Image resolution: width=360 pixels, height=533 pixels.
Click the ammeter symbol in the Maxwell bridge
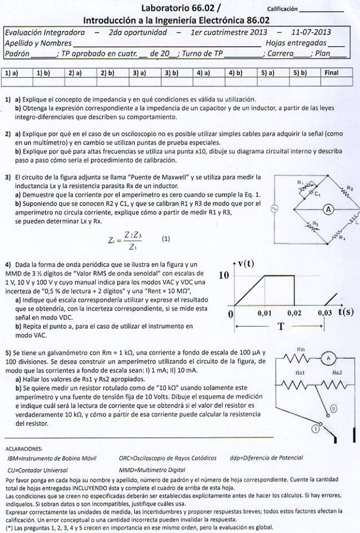click(x=328, y=209)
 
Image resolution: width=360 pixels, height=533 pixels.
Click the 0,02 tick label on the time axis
click(x=295, y=313)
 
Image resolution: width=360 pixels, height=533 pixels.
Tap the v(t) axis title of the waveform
click(x=246, y=264)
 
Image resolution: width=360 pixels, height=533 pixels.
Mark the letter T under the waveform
click(x=281, y=327)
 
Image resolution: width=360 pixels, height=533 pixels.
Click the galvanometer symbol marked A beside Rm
click(x=328, y=358)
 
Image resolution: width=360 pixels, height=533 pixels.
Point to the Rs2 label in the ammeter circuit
click(x=337, y=373)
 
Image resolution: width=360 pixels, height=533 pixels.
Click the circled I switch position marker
click(x=300, y=428)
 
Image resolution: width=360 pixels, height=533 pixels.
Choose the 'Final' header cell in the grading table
click(x=331, y=73)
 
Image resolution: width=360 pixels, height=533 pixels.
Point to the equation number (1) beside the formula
click(x=166, y=239)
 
